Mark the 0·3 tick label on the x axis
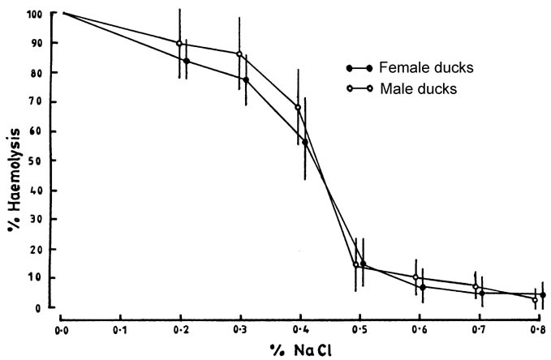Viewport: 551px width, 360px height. (241, 330)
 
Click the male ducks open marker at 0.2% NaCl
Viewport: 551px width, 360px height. (179, 43)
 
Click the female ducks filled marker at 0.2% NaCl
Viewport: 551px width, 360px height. (187, 61)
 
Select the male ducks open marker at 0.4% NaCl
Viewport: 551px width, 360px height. (298, 107)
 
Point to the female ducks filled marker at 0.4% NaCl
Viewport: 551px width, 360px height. (305, 142)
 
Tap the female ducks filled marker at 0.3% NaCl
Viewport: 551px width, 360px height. (246, 79)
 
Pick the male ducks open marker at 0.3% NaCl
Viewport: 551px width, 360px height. (239, 54)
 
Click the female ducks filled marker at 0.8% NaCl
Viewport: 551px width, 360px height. (542, 295)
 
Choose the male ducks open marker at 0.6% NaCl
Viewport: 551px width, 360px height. (415, 277)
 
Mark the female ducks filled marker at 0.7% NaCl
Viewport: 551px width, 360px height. (482, 294)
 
